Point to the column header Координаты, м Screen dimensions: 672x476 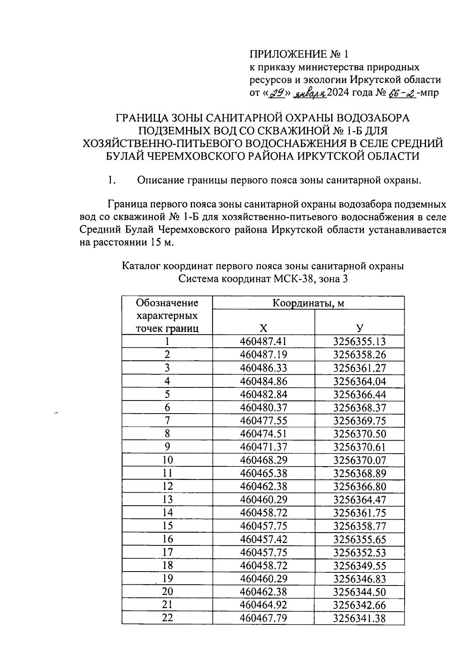pos(308,303)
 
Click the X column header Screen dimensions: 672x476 pos(263,328)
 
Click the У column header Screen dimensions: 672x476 pos(359,328)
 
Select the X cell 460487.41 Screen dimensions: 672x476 pos(263,342)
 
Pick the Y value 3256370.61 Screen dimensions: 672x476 pos(359,447)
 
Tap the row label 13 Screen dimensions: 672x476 pos(168,500)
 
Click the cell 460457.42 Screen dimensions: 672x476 pos(263,539)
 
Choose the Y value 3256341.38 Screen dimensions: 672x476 pos(359,618)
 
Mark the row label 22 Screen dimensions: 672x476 pos(168,618)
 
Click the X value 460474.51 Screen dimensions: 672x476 pos(263,434)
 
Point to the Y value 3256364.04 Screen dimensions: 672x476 pos(359,381)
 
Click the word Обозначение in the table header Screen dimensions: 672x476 pos(167,303)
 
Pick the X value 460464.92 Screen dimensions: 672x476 pos(263,605)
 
